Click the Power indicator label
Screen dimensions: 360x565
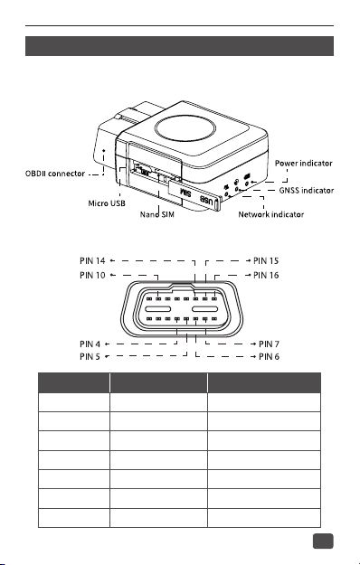click(x=303, y=164)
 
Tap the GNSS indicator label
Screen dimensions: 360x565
click(x=307, y=190)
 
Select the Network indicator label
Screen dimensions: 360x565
click(x=271, y=214)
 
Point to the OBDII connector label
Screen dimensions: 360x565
click(x=55, y=174)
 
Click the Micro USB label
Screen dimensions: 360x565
click(x=107, y=203)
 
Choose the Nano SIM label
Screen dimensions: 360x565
click(x=157, y=214)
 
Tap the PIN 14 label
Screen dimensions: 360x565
click(x=92, y=260)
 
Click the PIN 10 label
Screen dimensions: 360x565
click(x=92, y=276)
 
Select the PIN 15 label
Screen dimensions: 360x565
click(x=266, y=260)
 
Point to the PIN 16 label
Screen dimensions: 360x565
click(x=266, y=276)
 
